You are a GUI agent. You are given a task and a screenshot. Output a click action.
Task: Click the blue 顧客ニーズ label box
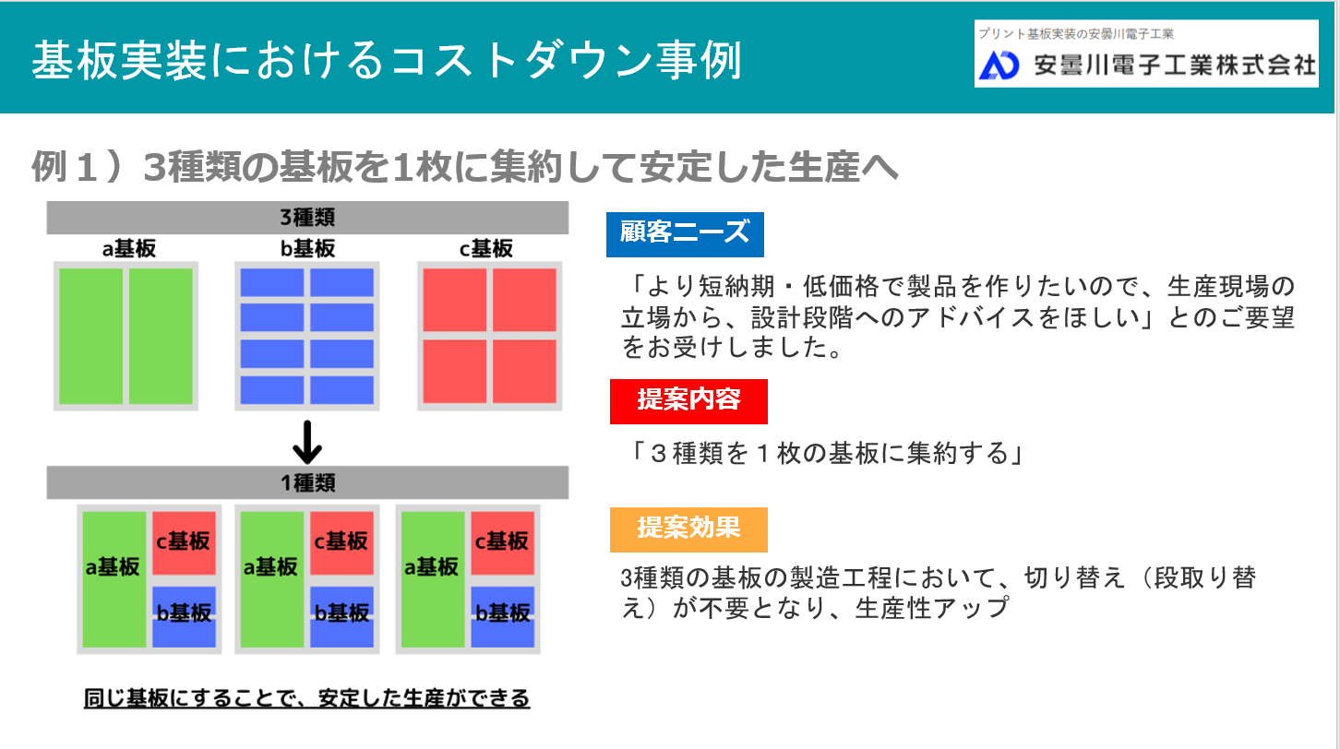pyautogui.click(x=685, y=234)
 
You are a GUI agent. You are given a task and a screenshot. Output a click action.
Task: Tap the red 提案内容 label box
pyautogui.click(x=688, y=401)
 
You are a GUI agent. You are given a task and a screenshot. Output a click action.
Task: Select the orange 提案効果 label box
pyautogui.click(x=688, y=529)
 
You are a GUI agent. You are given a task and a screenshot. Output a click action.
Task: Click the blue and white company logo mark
pyautogui.click(x=999, y=65)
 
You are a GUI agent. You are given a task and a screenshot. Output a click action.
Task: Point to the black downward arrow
pyautogui.click(x=307, y=443)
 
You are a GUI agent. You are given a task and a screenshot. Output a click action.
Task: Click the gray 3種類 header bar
pyautogui.click(x=307, y=218)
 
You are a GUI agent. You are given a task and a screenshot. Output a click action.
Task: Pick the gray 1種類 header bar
pyautogui.click(x=307, y=482)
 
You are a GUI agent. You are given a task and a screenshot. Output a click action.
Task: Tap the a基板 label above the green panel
pyautogui.click(x=128, y=249)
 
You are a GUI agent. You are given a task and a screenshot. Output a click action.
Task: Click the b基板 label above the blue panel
pyautogui.click(x=307, y=249)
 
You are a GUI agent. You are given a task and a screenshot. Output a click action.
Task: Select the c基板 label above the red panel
pyautogui.click(x=485, y=249)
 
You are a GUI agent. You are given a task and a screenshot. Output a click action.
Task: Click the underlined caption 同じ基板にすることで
pyautogui.click(x=306, y=698)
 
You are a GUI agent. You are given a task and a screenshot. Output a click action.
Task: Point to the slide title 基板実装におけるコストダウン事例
pyautogui.click(x=387, y=60)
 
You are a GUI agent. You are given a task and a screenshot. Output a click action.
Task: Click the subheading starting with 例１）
pyautogui.click(x=465, y=167)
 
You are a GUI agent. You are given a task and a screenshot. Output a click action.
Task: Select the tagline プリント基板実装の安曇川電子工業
pyautogui.click(x=1076, y=34)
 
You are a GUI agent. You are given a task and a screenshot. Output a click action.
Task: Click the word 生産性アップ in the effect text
pyautogui.click(x=931, y=608)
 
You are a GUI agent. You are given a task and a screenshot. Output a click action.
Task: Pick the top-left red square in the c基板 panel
pyautogui.click(x=455, y=300)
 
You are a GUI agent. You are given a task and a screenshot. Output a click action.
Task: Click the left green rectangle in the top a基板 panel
pyautogui.click(x=91, y=336)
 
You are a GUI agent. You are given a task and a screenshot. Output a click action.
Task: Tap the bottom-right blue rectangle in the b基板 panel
pyautogui.click(x=341, y=390)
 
